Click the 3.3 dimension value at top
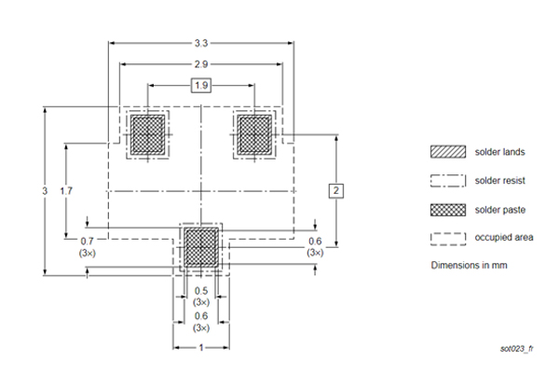point(201,42)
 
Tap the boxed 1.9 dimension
point(201,86)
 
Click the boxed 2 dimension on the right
point(337,191)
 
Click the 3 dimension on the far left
point(44,191)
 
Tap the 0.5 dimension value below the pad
point(201,291)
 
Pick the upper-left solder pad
point(146,134)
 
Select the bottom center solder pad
point(201,247)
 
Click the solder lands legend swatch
point(446,152)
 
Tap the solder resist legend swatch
point(446,180)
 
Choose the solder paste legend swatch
point(446,209)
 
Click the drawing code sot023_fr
point(517,348)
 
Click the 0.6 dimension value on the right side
point(315,240)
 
